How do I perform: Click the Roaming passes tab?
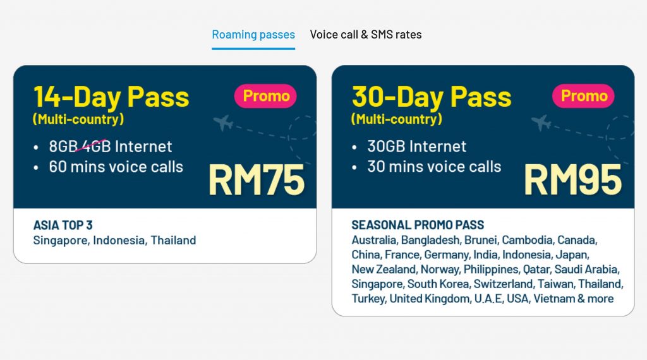(x=253, y=35)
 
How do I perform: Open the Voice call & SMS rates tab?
(x=366, y=35)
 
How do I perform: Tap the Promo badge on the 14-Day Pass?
(x=265, y=96)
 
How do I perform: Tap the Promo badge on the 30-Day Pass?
(x=583, y=96)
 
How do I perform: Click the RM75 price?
(x=257, y=180)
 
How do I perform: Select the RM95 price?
(x=573, y=180)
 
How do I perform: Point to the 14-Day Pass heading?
(x=111, y=97)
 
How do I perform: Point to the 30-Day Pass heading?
(x=432, y=97)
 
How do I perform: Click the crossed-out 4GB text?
(x=96, y=147)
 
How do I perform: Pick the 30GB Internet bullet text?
(x=417, y=147)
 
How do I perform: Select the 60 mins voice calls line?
(x=116, y=167)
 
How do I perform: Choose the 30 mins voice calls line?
(x=434, y=167)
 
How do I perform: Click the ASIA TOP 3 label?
(x=63, y=225)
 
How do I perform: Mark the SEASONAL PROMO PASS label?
(x=418, y=225)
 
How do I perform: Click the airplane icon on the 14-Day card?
(x=223, y=123)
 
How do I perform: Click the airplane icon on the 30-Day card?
(x=541, y=123)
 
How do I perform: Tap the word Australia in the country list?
(x=374, y=240)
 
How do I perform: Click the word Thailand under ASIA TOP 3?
(x=173, y=241)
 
